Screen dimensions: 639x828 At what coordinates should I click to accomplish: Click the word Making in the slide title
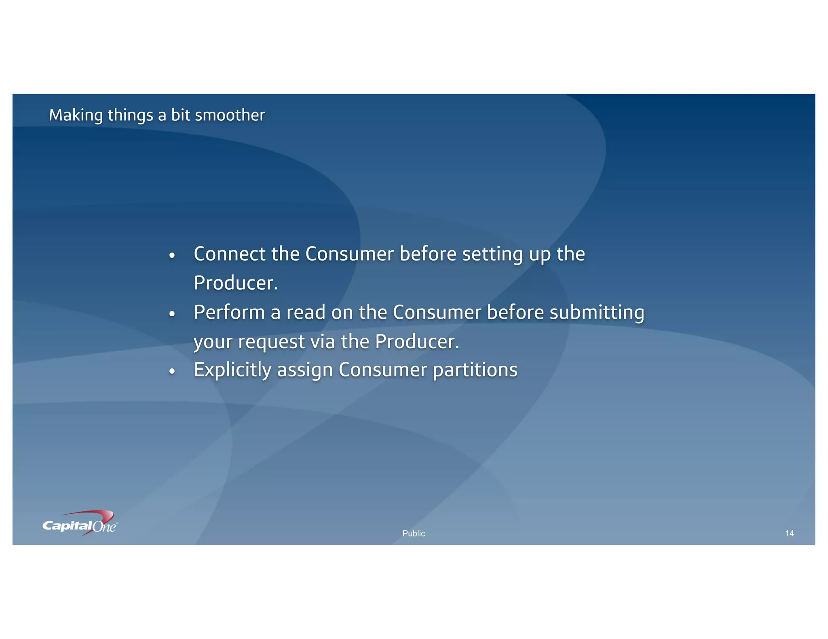click(x=76, y=115)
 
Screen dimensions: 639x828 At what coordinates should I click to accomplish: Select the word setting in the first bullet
click(x=492, y=255)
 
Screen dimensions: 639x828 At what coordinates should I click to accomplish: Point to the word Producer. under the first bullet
click(x=236, y=283)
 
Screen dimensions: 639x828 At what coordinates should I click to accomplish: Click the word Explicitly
click(x=232, y=370)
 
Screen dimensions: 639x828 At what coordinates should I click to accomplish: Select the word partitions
click(x=475, y=370)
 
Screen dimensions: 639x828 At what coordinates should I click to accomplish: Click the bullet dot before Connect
click(x=172, y=256)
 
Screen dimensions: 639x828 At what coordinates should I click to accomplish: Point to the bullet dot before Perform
click(x=172, y=314)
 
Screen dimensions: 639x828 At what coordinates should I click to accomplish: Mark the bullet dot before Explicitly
click(x=172, y=371)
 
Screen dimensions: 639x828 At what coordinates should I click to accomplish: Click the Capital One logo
click(x=80, y=524)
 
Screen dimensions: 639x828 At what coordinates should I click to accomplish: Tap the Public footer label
click(x=414, y=533)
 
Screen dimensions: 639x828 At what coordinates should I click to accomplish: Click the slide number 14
click(x=789, y=533)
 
